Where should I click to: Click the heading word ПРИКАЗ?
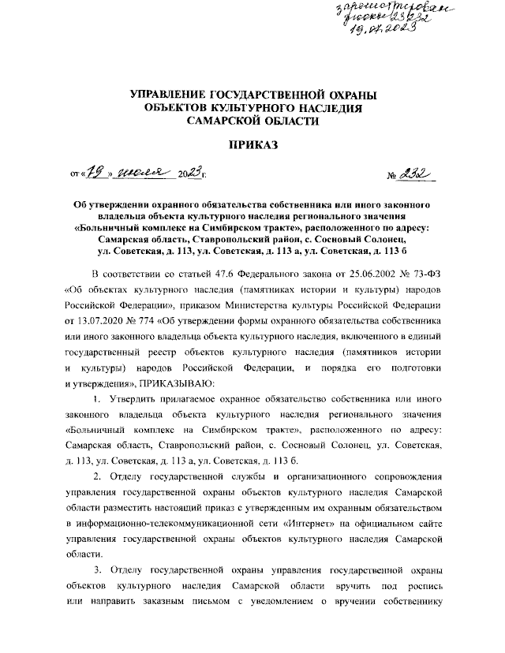[252, 145]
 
